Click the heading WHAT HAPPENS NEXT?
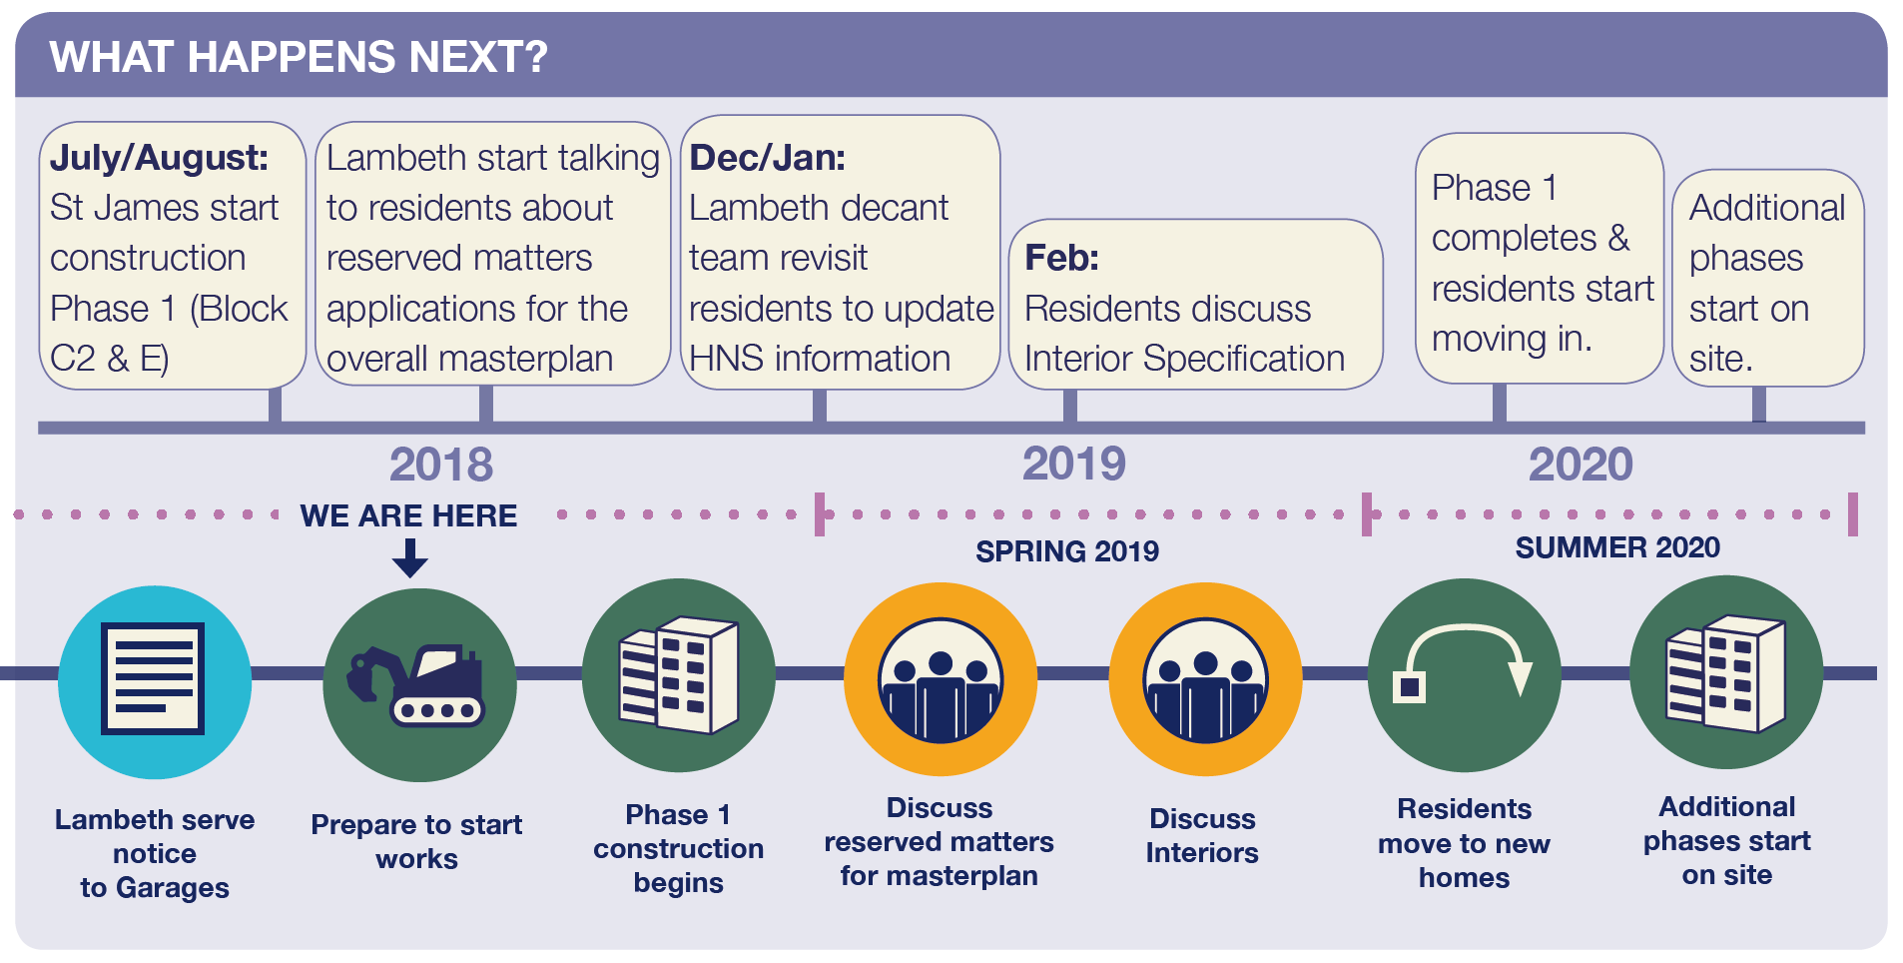pyautogui.click(x=299, y=57)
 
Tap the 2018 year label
pyautogui.click(x=441, y=465)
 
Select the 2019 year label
pyautogui.click(x=1074, y=464)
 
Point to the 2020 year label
pyautogui.click(x=1581, y=465)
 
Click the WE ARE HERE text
pyautogui.click(x=409, y=515)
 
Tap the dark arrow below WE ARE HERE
pyautogui.click(x=410, y=558)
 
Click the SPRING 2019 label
pyautogui.click(x=1067, y=551)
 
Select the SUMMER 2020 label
pyautogui.click(x=1617, y=547)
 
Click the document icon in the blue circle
pyautogui.click(x=154, y=679)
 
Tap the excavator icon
pyautogui.click(x=416, y=685)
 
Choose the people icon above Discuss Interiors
pyautogui.click(x=1206, y=680)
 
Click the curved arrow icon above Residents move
pyautogui.click(x=1464, y=662)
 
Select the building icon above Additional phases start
pyautogui.click(x=1725, y=673)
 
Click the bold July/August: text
pyautogui.click(x=160, y=158)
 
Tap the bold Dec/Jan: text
pyautogui.click(x=768, y=158)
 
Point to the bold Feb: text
pyautogui.click(x=1062, y=258)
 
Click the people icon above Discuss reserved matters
pyautogui.click(x=941, y=680)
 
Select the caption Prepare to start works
pyautogui.click(x=416, y=841)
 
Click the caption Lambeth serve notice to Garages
pyautogui.click(x=155, y=853)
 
